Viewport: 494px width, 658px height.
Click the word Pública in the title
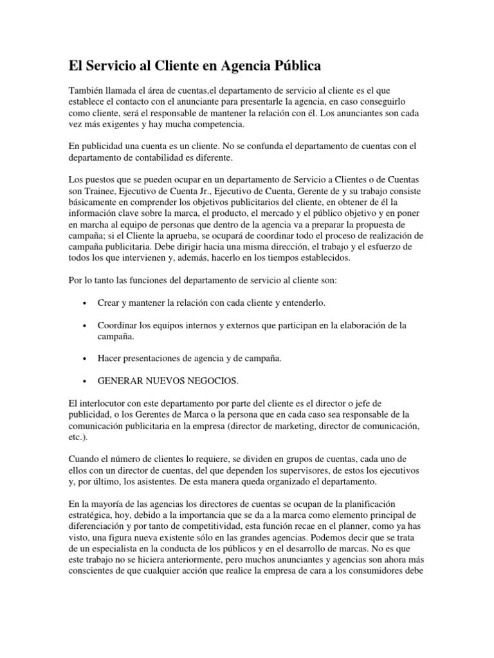293,66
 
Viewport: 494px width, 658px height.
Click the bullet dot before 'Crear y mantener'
86,303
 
